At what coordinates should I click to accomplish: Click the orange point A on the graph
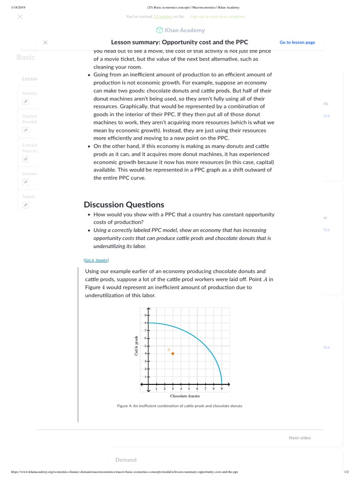(172, 353)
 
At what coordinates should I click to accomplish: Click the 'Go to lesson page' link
(297, 42)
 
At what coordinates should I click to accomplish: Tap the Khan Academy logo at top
(180, 30)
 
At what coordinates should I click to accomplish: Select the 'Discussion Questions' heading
(124, 204)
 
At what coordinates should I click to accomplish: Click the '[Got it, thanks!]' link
(96, 260)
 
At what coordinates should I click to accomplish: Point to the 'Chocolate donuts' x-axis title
(185, 396)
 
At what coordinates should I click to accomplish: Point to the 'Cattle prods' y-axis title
(136, 345)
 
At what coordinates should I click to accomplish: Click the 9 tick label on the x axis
(222, 389)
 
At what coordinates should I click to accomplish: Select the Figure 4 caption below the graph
(180, 405)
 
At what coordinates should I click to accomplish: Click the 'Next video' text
(300, 438)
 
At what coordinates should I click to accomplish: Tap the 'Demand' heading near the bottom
(126, 460)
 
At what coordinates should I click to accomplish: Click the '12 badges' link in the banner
(163, 16)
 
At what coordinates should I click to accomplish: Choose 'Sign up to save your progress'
(217, 16)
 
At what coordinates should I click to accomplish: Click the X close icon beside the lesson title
(45, 42)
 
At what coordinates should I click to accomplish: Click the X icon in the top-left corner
(20, 16)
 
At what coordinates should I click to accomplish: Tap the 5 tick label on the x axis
(189, 389)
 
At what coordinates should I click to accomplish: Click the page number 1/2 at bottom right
(346, 472)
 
